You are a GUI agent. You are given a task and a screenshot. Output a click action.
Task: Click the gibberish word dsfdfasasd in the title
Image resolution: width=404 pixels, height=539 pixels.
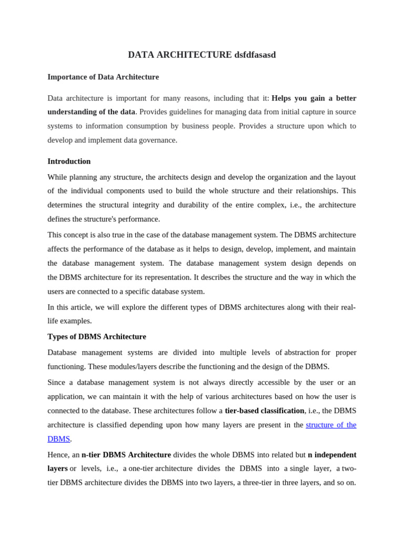point(255,55)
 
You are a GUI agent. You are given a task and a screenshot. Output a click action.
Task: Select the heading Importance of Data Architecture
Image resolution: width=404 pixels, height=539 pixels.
point(103,77)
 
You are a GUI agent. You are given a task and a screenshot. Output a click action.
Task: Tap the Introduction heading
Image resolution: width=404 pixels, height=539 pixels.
point(69,161)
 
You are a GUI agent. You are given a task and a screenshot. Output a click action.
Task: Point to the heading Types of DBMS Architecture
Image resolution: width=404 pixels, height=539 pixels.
point(97,336)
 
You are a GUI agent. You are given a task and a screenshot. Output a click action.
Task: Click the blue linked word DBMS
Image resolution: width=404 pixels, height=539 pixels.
point(58,438)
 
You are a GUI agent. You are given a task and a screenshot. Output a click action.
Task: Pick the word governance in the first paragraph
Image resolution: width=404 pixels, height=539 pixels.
point(156,140)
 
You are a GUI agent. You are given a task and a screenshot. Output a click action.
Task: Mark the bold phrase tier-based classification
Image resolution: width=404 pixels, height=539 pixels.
point(264,411)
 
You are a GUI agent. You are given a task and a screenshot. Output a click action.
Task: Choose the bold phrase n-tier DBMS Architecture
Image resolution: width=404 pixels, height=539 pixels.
point(126,454)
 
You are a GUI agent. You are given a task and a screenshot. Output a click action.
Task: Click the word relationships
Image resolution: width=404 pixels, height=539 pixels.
point(314,191)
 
